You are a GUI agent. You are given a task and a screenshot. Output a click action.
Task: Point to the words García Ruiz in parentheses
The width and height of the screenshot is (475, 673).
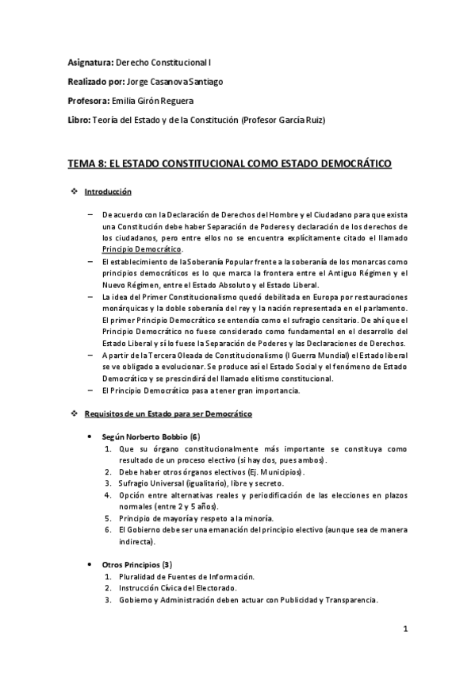301,120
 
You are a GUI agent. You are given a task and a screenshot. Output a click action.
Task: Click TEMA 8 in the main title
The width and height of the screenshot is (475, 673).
87,163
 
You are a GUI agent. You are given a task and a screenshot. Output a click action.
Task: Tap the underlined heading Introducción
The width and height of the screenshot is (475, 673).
108,192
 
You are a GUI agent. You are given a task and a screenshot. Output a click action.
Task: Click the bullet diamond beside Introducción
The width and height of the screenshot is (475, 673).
75,192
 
